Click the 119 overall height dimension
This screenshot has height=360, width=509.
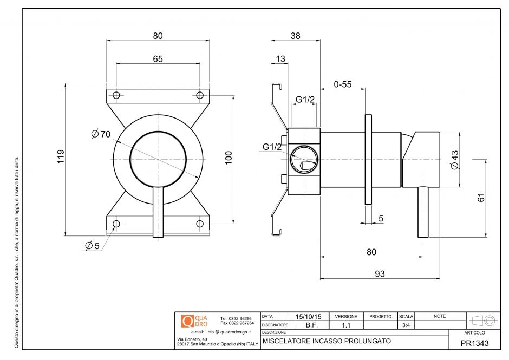[x=61, y=157]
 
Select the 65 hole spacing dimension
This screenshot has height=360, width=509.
[x=158, y=59]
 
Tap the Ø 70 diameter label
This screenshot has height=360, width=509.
[x=101, y=134]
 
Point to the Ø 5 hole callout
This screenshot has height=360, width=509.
[x=92, y=246]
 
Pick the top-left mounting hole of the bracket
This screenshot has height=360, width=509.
[x=115, y=95]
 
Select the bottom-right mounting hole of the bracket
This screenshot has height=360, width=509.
[x=199, y=224]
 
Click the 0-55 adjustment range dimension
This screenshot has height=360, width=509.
[x=342, y=84]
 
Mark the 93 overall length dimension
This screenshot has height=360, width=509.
[x=380, y=274]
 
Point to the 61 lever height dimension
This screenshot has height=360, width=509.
[x=481, y=198]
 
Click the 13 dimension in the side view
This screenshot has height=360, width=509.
[x=280, y=58]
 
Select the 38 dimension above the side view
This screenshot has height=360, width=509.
[x=295, y=36]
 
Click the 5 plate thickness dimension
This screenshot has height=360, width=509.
[x=381, y=218]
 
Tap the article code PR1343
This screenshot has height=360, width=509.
[x=474, y=343]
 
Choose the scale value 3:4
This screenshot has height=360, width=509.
[x=406, y=325]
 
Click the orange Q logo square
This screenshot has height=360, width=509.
[x=187, y=320]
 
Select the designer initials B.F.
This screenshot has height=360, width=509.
[x=311, y=325]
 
